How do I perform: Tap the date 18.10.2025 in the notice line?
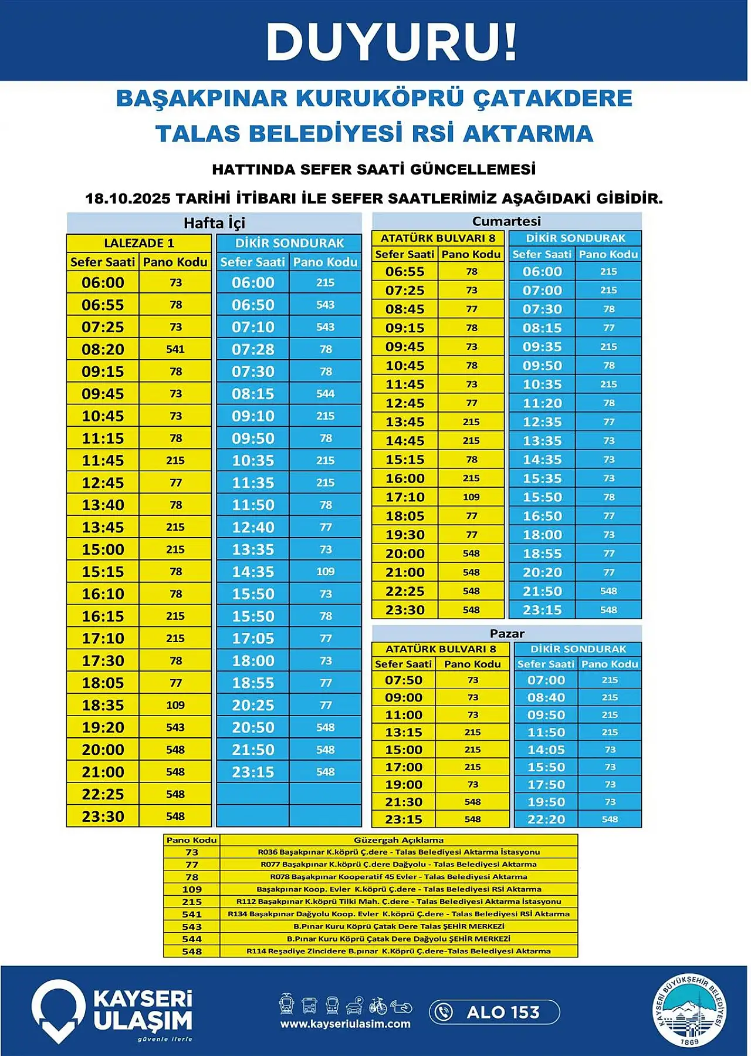click(x=127, y=198)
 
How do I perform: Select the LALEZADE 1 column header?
click(x=139, y=243)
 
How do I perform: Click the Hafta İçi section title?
click(x=214, y=223)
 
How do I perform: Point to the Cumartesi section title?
click(x=506, y=221)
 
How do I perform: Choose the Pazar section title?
click(x=507, y=633)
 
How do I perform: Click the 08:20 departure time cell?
click(x=103, y=349)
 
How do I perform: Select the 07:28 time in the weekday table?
click(x=253, y=349)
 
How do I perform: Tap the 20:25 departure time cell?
click(x=253, y=705)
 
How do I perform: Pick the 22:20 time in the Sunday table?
click(x=546, y=819)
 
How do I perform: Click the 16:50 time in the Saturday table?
click(x=542, y=516)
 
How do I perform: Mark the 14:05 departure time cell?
click(x=546, y=750)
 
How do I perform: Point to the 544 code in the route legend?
click(x=192, y=939)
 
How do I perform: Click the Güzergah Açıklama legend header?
click(x=398, y=840)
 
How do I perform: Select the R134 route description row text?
click(x=398, y=914)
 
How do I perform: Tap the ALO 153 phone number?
click(x=503, y=1012)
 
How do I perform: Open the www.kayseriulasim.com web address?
click(x=345, y=1024)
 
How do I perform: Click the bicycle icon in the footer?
click(x=378, y=1006)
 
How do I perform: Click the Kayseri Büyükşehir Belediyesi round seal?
click(x=690, y=1010)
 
